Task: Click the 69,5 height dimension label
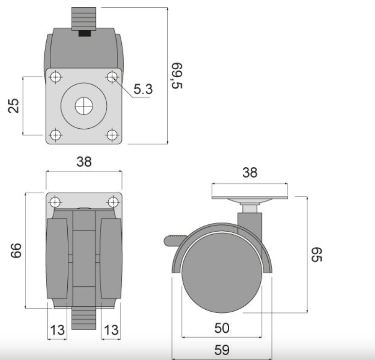click(177, 76)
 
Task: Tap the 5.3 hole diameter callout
click(143, 89)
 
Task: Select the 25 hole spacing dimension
click(13, 105)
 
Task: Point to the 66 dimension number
click(16, 250)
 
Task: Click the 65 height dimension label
click(316, 255)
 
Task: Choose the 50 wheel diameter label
click(222, 328)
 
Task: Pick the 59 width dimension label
click(222, 350)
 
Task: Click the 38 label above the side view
click(250, 173)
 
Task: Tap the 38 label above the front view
click(84, 161)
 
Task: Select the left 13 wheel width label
click(58, 330)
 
